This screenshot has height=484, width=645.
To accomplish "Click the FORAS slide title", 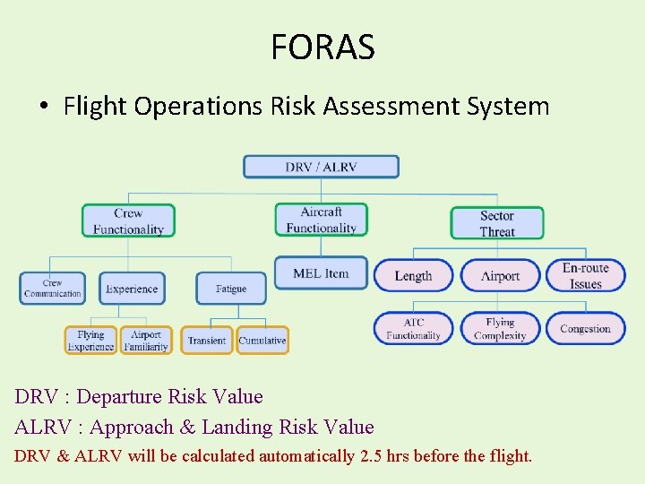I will click(x=322, y=47).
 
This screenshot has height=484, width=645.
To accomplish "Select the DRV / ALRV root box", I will click(x=321, y=167).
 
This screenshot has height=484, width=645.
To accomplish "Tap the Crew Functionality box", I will click(x=128, y=221).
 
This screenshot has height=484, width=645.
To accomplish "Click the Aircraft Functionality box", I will click(x=321, y=220).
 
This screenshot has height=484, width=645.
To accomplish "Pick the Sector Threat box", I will click(x=496, y=223).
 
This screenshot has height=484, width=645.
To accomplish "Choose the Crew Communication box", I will click(x=53, y=289).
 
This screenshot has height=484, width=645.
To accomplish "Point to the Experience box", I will click(x=132, y=289).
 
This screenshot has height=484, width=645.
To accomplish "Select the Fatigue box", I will click(x=231, y=289).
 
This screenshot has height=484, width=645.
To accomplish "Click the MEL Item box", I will click(x=321, y=273).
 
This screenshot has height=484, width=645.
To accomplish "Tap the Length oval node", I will click(x=413, y=276).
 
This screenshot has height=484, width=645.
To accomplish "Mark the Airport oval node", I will click(x=500, y=276).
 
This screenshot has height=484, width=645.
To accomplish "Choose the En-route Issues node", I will click(x=585, y=276).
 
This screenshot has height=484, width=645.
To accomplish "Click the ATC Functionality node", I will click(x=413, y=329).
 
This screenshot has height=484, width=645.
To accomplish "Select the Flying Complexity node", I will click(x=500, y=329).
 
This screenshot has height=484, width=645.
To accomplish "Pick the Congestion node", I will click(x=585, y=329).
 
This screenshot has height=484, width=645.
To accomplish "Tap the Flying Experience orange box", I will click(x=90, y=341).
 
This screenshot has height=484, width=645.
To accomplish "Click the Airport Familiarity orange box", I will click(x=146, y=341).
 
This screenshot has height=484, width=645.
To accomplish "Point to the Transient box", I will click(x=207, y=341).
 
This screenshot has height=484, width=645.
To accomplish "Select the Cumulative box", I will click(x=262, y=341).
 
